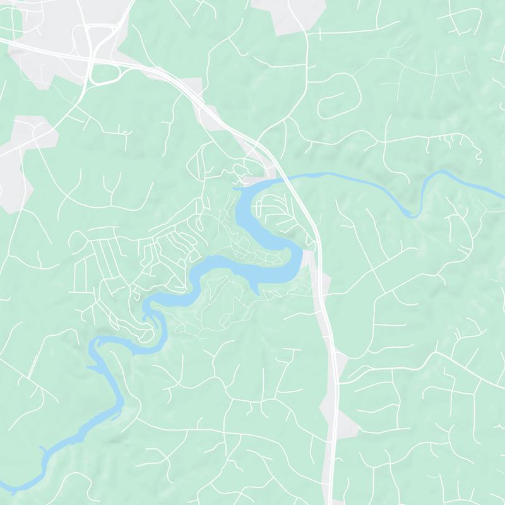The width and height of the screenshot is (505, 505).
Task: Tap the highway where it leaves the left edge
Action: [x=3, y=41]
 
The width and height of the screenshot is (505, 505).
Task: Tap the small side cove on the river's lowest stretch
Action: [x=43, y=449]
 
